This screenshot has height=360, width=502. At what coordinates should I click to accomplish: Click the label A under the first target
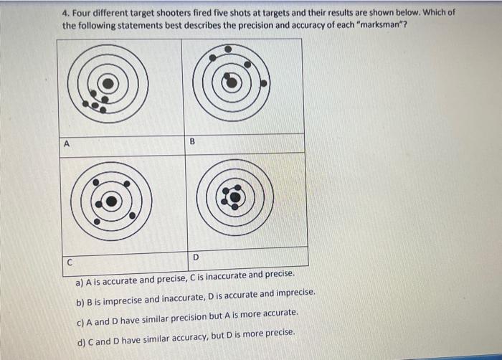click(x=67, y=143)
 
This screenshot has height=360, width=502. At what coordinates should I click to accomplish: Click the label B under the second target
click(x=192, y=143)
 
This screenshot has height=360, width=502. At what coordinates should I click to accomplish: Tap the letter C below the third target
click(x=70, y=262)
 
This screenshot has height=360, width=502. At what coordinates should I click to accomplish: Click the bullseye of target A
click(x=107, y=83)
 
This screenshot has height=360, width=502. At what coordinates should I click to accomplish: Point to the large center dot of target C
click(x=111, y=202)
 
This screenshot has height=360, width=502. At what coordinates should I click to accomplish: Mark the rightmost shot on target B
click(x=263, y=83)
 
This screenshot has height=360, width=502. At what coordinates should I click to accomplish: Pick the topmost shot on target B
click(x=228, y=49)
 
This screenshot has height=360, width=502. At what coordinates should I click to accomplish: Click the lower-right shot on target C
click(x=133, y=215)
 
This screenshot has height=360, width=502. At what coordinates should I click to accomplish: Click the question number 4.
click(x=65, y=14)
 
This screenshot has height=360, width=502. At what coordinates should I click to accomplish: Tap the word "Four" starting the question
click(x=84, y=14)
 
